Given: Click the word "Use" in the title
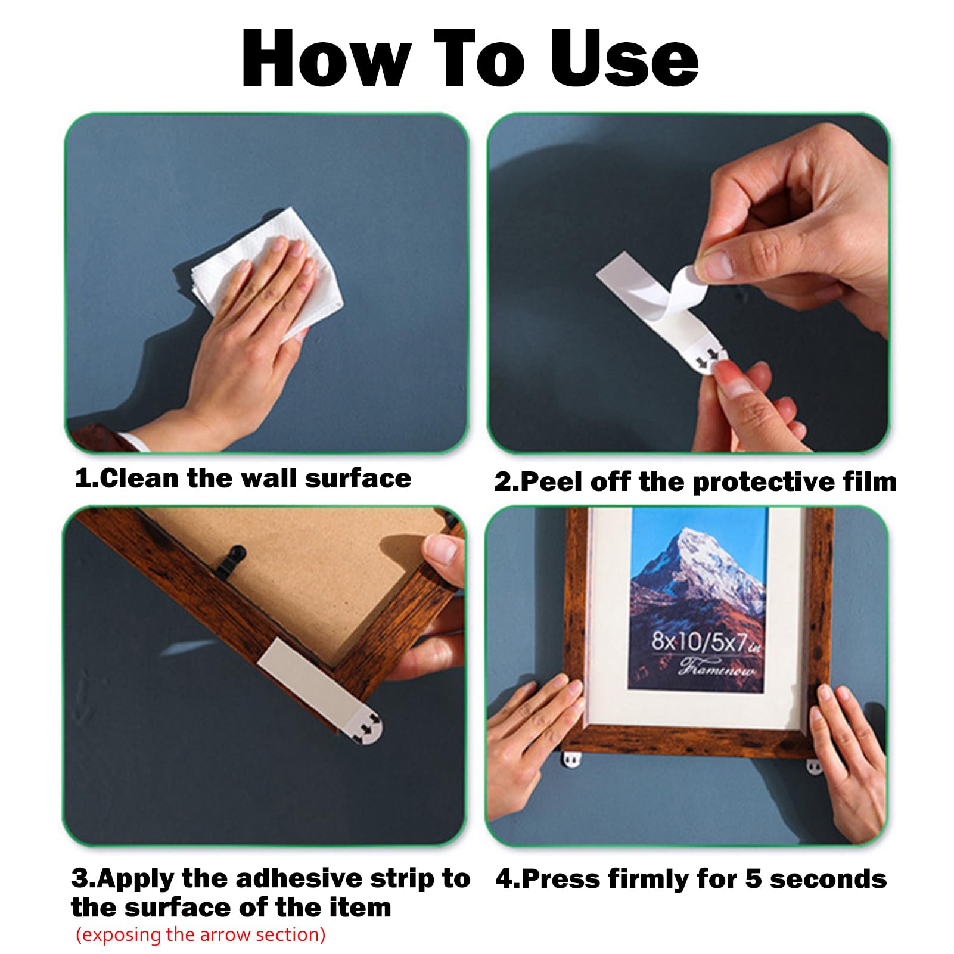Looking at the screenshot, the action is pos(624,58).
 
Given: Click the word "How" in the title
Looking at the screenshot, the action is pos(327,58).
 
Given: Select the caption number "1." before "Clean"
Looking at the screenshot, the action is pos(86,478).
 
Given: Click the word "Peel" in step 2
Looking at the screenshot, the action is pos(552,481).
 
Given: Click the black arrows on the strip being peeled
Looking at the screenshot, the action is pos(707,359).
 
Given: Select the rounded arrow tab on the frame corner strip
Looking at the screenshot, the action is pos(366,728).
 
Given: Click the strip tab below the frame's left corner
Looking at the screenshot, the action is pos(571,760).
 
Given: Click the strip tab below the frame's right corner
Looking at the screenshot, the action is pos(815,766).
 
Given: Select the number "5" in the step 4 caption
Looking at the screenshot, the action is pos(753,880).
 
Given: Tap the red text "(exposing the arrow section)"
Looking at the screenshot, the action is pos(201,934).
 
